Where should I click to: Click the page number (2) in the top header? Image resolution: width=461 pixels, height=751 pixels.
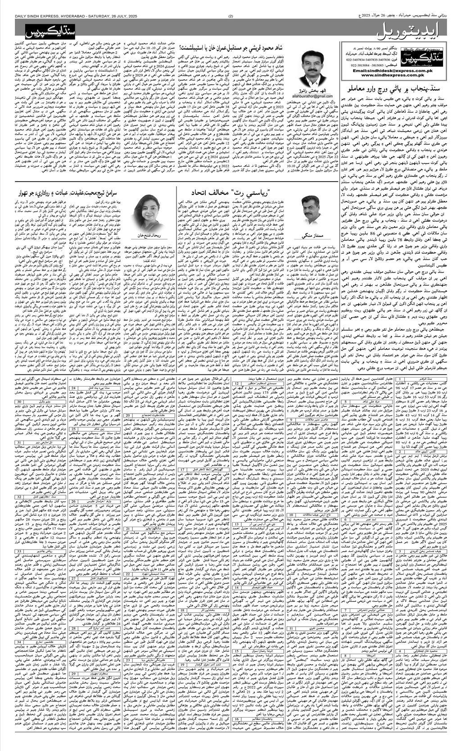click(x=230, y=17)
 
